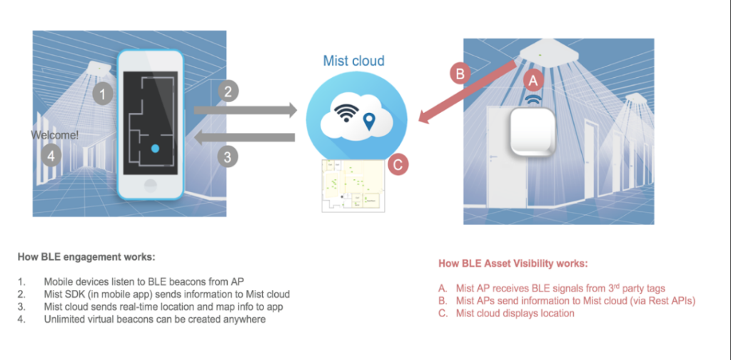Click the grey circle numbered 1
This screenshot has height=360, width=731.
pyautogui.click(x=104, y=94)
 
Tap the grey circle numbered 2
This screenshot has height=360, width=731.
pyautogui.click(x=227, y=91)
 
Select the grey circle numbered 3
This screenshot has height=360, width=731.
pyautogui.click(x=227, y=157)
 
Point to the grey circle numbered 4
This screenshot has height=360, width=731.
pyautogui.click(x=50, y=154)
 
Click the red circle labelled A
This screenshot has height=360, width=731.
pyautogui.click(x=533, y=78)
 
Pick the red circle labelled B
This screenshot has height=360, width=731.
pyautogui.click(x=460, y=73)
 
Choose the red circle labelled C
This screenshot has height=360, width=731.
pyautogui.click(x=399, y=164)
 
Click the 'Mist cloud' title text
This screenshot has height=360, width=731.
pyautogui.click(x=354, y=61)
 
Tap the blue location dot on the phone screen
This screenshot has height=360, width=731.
pyautogui.click(x=155, y=149)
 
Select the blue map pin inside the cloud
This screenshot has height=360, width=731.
pyautogui.click(x=369, y=122)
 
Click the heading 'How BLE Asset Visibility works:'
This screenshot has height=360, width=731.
pyautogui.click(x=513, y=264)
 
